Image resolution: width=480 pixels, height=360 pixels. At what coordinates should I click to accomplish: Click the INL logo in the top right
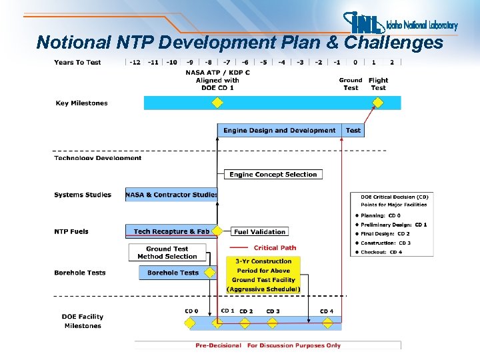pos(400,24)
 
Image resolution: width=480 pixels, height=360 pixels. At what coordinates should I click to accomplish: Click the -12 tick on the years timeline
pos(135,62)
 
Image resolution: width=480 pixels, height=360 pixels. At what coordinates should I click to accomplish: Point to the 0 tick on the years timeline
pos(355,62)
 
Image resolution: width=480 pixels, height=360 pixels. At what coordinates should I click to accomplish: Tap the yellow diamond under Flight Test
pos(378,103)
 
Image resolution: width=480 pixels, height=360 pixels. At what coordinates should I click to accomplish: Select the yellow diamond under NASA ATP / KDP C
pos(217,103)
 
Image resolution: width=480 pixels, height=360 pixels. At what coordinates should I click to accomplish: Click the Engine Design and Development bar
pos(279,131)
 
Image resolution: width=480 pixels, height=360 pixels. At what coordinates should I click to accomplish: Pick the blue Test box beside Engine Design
pos(353,131)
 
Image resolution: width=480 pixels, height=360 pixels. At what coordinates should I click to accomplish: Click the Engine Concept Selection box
pos(273,175)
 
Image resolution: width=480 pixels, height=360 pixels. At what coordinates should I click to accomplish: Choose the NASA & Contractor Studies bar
pos(171,195)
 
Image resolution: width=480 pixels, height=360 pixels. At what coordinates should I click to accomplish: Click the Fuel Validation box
pos(260,232)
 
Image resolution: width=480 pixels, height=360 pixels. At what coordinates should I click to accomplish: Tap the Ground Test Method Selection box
pos(167,253)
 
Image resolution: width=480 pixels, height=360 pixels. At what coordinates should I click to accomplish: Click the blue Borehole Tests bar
pos(173,273)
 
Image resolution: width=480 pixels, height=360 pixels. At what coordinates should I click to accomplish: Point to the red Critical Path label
pos(275,248)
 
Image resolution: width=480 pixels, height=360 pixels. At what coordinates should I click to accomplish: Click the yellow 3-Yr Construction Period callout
pos(263,275)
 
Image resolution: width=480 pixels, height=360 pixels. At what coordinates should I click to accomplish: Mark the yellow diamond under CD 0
pos(190,323)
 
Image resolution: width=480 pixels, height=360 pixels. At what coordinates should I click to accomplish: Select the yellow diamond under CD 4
pos(326,323)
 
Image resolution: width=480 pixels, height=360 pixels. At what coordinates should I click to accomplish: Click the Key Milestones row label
pos(81,103)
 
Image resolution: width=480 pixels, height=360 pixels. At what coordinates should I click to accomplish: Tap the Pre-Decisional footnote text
pos(267,345)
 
